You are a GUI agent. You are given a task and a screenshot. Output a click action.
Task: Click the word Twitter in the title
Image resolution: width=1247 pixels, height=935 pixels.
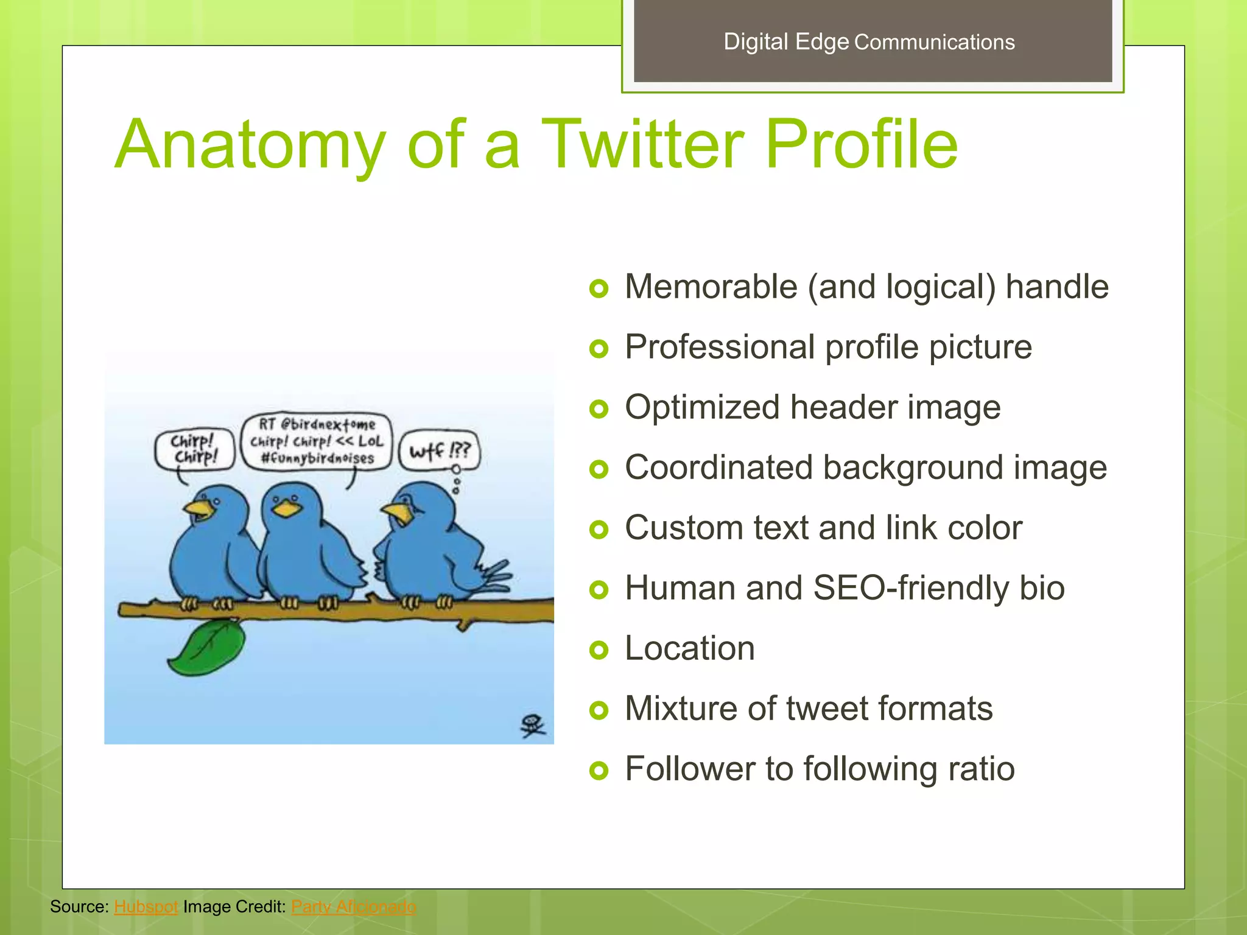(642, 145)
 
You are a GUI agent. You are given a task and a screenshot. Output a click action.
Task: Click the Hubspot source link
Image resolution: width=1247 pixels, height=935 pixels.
(146, 906)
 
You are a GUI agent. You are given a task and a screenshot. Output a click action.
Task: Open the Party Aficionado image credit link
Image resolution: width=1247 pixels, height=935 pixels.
(354, 906)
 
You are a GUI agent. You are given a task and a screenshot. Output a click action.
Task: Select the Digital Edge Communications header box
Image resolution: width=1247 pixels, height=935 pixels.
(872, 41)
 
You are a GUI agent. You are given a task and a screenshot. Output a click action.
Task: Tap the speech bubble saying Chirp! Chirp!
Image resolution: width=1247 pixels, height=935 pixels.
(194, 449)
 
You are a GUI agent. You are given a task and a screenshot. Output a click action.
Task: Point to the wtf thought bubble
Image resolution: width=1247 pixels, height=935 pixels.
(439, 450)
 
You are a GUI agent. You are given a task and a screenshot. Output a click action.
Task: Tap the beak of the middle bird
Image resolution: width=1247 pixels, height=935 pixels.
(286, 508)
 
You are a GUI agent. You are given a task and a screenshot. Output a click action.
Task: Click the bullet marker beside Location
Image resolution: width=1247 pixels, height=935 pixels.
(599, 650)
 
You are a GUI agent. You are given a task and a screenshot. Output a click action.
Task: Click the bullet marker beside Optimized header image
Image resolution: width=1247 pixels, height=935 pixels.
(599, 409)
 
